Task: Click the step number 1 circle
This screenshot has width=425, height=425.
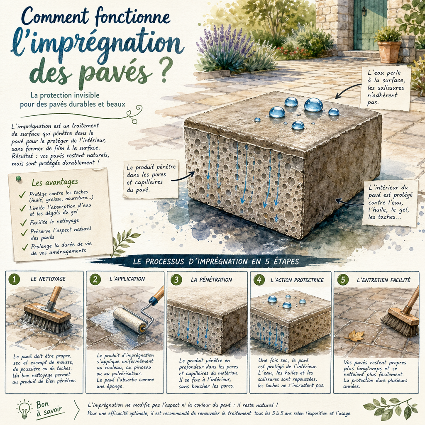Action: (14, 279)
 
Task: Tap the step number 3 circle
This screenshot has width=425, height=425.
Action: (177, 279)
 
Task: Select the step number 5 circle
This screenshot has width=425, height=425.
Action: (343, 279)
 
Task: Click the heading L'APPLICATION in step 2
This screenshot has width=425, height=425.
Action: (127, 279)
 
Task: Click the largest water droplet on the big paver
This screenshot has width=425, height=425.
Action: (313, 105)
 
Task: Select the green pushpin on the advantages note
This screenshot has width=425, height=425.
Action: (18, 179)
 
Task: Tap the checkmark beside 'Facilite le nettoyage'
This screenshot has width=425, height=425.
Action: (24, 222)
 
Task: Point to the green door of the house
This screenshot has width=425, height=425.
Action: (369, 25)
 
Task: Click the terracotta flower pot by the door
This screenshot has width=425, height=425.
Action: (389, 51)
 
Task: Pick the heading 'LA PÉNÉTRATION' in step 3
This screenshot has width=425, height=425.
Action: (211, 280)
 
